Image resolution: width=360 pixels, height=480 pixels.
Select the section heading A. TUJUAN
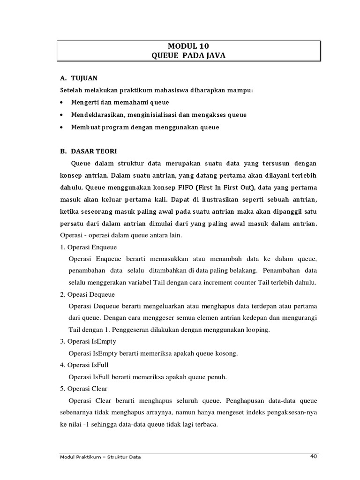[79, 78]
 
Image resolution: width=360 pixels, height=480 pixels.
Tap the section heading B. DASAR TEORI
[89, 151]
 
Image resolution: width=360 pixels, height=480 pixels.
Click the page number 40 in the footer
[314, 456]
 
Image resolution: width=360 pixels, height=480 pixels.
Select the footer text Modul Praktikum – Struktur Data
[101, 457]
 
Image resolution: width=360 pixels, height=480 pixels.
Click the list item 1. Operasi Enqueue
[88, 247]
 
